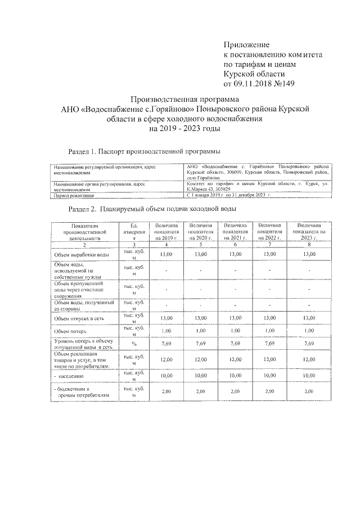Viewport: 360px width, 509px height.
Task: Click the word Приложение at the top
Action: click(247, 44)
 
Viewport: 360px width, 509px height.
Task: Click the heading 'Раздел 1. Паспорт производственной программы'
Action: click(143, 152)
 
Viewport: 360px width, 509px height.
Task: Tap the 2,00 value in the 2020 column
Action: click(200, 391)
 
